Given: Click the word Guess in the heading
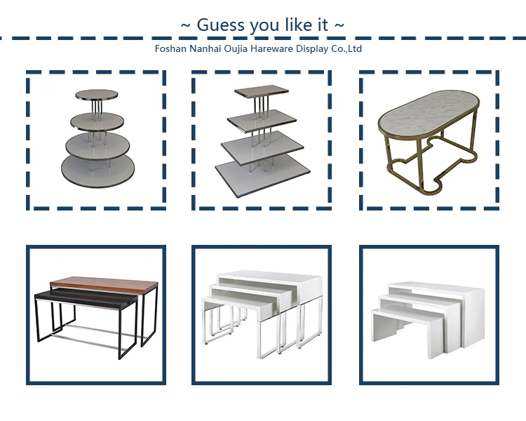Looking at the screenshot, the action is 220,25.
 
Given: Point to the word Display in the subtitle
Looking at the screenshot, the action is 312,49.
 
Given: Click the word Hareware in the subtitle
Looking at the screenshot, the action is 271,48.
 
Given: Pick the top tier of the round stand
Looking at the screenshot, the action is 97,94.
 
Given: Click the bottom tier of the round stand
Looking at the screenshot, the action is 97,169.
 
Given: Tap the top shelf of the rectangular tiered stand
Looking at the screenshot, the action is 262,91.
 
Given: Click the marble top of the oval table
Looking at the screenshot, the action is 429,113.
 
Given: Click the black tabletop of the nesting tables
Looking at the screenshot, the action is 86,297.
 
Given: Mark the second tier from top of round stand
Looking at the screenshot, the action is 97,122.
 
